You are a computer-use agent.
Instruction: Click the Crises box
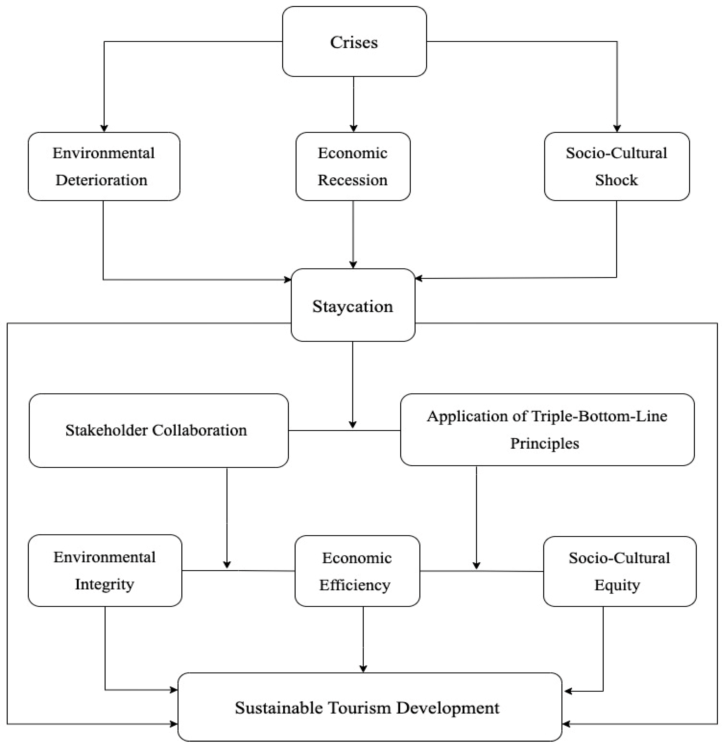click(354, 42)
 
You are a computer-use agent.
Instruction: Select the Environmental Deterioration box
click(104, 166)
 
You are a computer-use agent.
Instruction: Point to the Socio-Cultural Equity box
click(619, 571)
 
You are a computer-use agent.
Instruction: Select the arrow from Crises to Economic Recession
click(354, 102)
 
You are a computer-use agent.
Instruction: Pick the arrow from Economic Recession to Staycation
click(353, 234)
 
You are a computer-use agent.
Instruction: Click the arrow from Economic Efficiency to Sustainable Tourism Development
click(363, 638)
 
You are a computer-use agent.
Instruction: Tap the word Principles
click(544, 443)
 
